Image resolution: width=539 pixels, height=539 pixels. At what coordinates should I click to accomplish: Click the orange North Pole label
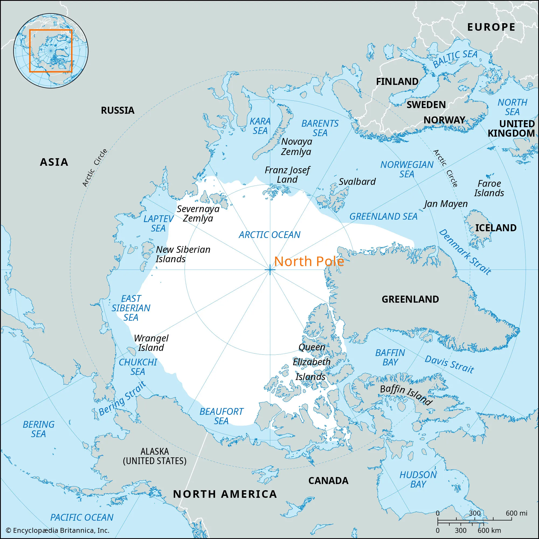click(x=309, y=261)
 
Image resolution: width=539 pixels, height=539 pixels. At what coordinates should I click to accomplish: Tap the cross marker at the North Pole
click(x=270, y=270)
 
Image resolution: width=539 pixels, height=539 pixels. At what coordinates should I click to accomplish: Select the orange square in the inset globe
click(x=51, y=51)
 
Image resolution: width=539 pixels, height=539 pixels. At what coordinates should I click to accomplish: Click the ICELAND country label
click(x=496, y=228)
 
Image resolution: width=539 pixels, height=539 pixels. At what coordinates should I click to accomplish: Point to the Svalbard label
click(x=357, y=182)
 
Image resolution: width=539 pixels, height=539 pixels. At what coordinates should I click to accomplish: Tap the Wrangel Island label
click(x=151, y=343)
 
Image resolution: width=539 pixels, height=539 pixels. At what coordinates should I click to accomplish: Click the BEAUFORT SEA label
click(x=221, y=416)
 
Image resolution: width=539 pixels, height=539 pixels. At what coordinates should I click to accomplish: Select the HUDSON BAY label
click(x=418, y=479)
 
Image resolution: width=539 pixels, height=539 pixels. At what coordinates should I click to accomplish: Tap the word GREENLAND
click(x=410, y=299)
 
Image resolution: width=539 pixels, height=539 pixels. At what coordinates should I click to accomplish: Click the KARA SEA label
click(x=260, y=126)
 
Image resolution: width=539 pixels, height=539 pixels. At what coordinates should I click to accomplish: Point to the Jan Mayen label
click(x=446, y=204)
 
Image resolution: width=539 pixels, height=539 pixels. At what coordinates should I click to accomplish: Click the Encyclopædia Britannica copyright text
click(x=57, y=530)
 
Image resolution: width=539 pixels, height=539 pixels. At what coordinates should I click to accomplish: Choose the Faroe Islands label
click(x=489, y=188)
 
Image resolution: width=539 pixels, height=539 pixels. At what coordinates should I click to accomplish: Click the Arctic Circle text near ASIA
click(x=95, y=168)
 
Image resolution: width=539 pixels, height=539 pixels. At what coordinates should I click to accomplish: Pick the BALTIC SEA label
click(x=455, y=58)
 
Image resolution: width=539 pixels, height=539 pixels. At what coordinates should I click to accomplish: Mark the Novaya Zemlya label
click(x=296, y=146)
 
